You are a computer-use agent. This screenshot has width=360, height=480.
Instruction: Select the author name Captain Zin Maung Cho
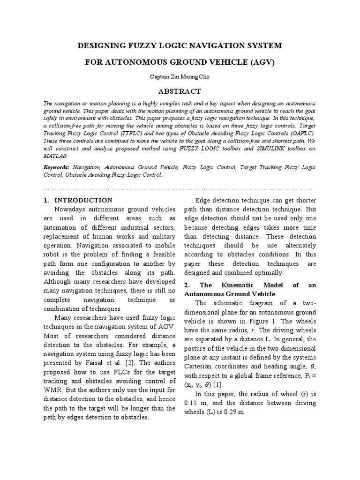[x=180, y=76]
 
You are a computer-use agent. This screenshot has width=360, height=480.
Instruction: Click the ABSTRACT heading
[x=180, y=91]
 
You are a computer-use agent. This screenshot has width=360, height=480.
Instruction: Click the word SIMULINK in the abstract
[x=256, y=149]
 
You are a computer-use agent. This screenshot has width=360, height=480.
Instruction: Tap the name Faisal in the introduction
[x=82, y=362]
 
